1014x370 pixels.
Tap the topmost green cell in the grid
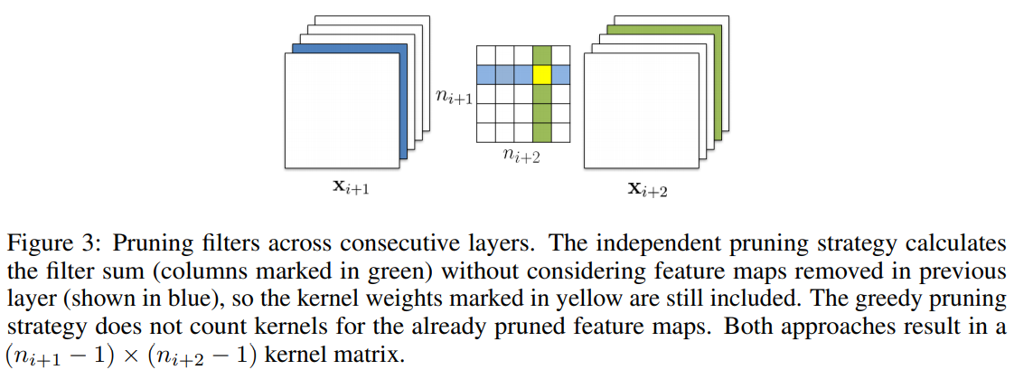541,55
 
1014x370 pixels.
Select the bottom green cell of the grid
541,133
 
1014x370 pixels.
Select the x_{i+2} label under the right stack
649,190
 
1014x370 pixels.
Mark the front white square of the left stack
342,110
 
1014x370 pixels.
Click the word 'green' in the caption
418,271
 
